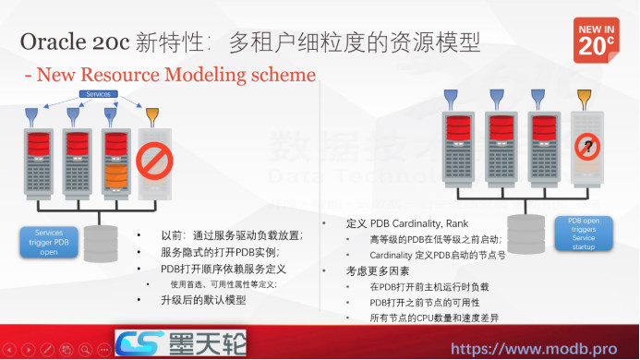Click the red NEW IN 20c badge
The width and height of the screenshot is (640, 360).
tap(596, 40)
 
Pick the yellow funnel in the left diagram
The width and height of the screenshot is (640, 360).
tap(151, 114)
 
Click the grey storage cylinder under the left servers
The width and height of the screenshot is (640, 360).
tap(101, 243)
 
